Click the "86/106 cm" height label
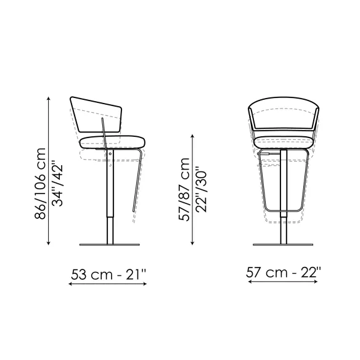pyautogui.click(x=41, y=184)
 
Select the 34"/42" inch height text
pyautogui.click(x=57, y=184)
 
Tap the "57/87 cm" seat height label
pyautogui.click(x=184, y=190)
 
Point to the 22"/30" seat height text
pyautogui.click(x=201, y=190)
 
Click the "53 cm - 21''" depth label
pyautogui.click(x=108, y=274)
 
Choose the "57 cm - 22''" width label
pyautogui.click(x=284, y=272)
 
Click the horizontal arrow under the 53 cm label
pyautogui.click(x=107, y=284)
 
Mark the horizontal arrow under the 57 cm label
pyautogui.click(x=283, y=282)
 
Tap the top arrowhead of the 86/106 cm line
pyautogui.click(x=48, y=99)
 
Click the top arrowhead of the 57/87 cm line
pyautogui.click(x=192, y=136)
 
